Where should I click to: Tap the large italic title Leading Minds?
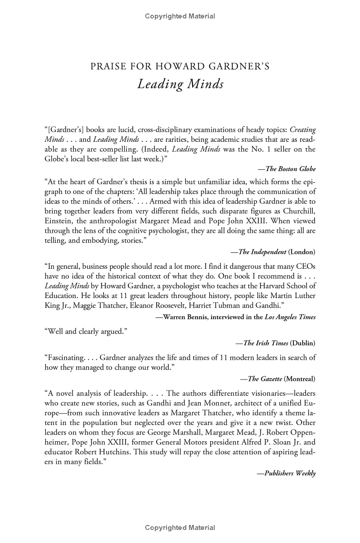180,84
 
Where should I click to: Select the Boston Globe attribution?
287,169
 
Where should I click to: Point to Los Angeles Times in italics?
291,317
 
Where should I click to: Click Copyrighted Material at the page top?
180,17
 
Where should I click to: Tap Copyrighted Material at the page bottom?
180,528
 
